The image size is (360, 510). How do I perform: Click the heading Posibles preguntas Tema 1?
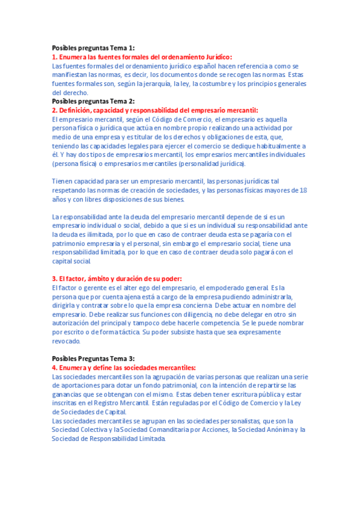pyautogui.click(x=93, y=48)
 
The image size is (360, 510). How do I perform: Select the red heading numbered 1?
pyautogui.click(x=141, y=57)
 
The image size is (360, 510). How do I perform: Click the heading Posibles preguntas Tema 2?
pyautogui.click(x=93, y=101)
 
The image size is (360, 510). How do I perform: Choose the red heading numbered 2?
pyautogui.click(x=155, y=110)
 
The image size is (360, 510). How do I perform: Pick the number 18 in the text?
pyautogui.click(x=303, y=190)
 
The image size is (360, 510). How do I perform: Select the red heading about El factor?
pyautogui.click(x=117, y=278)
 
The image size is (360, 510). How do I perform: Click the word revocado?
pyautogui.click(x=66, y=341)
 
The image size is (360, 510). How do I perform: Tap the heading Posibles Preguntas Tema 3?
pyautogui.click(x=93, y=358)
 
